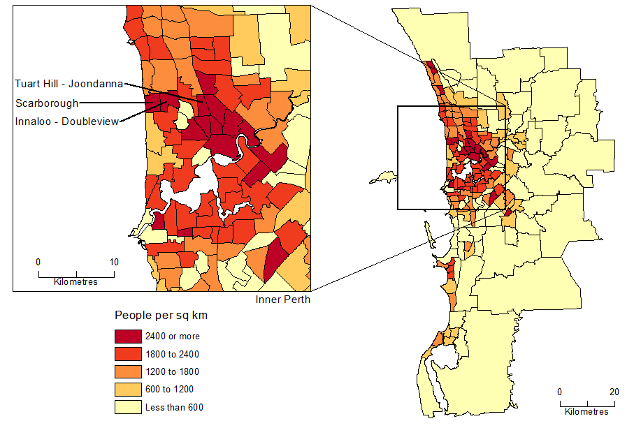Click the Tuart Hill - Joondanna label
tap(69, 84)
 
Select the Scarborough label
tap(47, 103)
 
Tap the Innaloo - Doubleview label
tap(66, 121)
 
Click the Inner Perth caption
tap(283, 300)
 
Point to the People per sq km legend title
tap(161, 316)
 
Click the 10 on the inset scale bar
tap(114, 263)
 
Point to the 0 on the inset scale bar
tap(38, 263)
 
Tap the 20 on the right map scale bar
tap(614, 392)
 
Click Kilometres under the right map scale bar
tap(586, 412)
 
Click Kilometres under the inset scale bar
tap(76, 282)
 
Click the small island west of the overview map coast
tap(383, 179)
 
